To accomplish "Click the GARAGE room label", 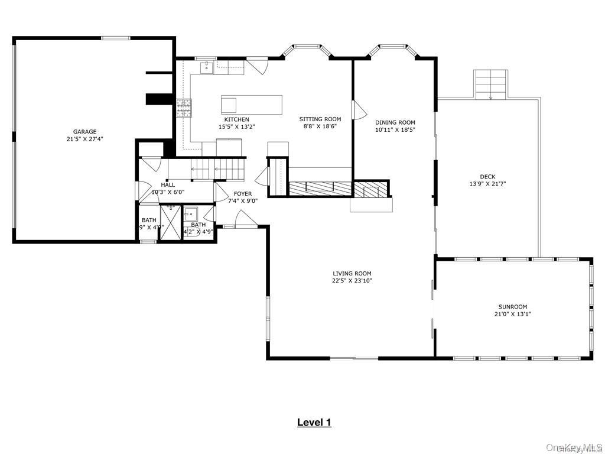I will [84, 132].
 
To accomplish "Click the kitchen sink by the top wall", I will [206, 67].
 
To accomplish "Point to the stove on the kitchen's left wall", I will [184, 107].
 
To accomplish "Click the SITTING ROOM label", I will [320, 119].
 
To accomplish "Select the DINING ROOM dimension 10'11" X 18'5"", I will [395, 129].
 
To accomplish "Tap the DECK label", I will [487, 176].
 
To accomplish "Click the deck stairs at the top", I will [490, 83].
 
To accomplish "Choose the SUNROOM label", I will [512, 307].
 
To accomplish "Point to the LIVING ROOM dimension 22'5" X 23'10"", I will [352, 281].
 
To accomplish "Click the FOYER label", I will [242, 194].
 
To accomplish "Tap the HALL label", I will [168, 184].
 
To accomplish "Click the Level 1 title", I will [314, 422].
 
